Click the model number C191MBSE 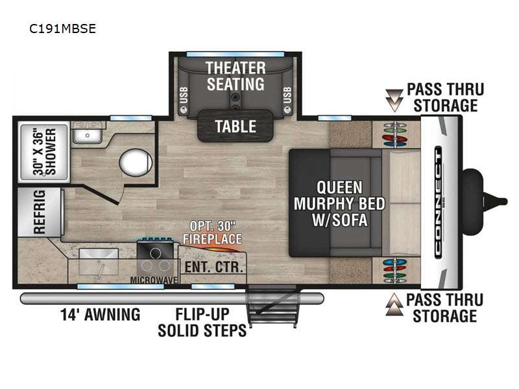[62, 29]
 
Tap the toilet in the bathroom [136, 163]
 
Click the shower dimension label [44, 152]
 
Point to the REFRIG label [39, 212]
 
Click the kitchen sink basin [99, 262]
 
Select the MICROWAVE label [154, 280]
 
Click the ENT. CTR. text [214, 267]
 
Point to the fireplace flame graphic [219, 248]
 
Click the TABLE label [235, 126]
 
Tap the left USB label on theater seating [184, 95]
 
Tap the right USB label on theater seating [287, 95]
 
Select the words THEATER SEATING [235, 76]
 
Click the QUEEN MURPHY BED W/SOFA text [339, 204]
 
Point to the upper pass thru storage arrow [394, 100]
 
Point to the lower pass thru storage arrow [394, 304]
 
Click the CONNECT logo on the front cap [439, 202]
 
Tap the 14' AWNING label [101, 314]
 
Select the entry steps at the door [272, 306]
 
